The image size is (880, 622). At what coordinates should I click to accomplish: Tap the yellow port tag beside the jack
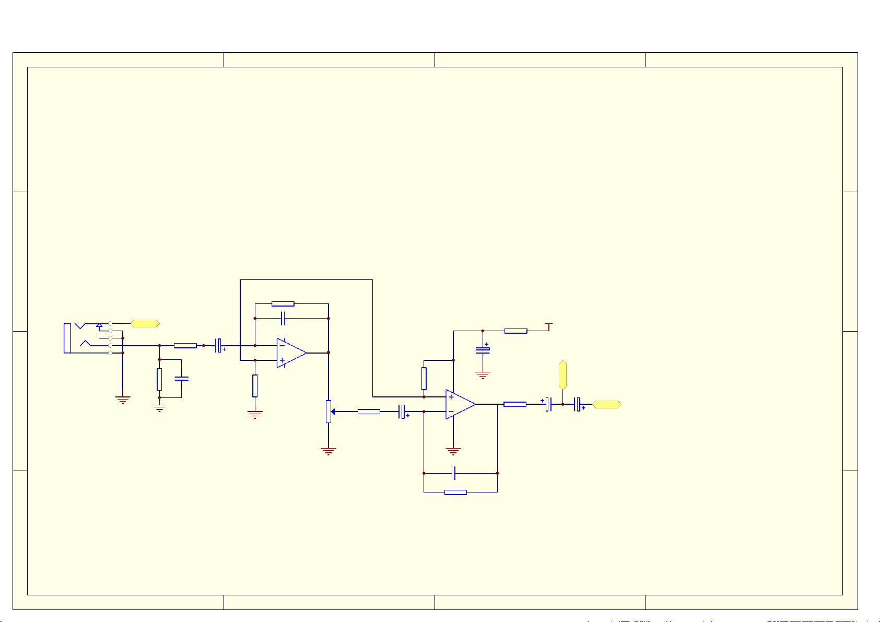(145, 324)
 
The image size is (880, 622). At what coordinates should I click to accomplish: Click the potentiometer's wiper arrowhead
(333, 412)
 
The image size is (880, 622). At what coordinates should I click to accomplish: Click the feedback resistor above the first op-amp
(283, 303)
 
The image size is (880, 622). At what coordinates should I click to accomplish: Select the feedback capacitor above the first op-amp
(283, 318)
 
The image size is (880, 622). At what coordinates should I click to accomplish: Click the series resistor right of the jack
(185, 345)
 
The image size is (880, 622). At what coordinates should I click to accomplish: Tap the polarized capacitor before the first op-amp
(219, 345)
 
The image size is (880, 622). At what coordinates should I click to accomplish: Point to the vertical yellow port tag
(562, 374)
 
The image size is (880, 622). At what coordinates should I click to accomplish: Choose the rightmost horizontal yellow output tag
(606, 404)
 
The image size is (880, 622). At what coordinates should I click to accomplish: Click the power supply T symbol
(548, 326)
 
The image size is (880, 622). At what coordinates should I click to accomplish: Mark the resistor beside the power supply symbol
(515, 331)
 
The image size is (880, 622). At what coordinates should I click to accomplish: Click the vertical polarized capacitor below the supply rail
(483, 349)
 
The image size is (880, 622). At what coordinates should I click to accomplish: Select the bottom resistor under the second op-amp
(455, 492)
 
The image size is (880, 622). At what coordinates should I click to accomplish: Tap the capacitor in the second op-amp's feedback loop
(454, 473)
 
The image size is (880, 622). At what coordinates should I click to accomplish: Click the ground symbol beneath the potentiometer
(328, 451)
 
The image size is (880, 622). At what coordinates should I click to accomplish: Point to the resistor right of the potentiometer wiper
(369, 412)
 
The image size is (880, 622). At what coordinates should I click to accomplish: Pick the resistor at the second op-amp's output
(514, 404)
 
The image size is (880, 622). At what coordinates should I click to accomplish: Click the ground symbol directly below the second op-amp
(453, 451)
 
